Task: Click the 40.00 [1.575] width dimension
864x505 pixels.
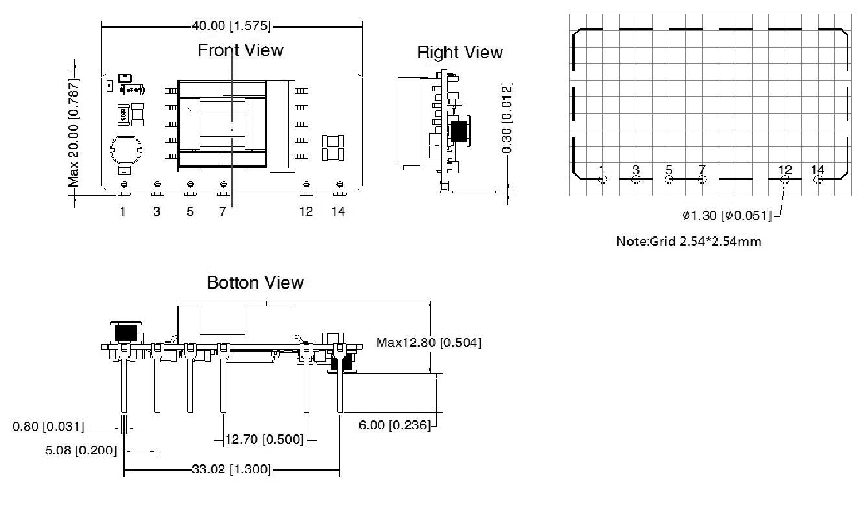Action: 231,26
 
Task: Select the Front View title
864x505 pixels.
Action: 240,50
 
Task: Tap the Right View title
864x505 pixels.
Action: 459,53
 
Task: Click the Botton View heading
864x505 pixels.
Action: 255,283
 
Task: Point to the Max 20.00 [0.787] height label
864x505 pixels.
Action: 73,133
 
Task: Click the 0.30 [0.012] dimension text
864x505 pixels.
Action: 507,118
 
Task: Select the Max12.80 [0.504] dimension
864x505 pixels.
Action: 428,343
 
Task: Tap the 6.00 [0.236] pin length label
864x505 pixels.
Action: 394,425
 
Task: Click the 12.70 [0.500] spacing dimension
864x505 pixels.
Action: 264,440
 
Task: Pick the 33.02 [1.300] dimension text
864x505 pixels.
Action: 231,469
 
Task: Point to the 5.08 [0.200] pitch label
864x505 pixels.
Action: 80,450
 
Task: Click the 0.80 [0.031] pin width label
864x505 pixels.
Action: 48,427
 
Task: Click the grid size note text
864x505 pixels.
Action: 688,241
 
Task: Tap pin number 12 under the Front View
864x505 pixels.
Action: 305,212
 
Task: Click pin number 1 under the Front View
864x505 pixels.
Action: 123,212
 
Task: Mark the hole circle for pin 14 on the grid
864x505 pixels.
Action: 818,180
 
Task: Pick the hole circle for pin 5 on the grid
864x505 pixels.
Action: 669,180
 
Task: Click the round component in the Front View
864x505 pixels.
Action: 125,150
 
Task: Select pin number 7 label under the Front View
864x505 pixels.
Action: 223,212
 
